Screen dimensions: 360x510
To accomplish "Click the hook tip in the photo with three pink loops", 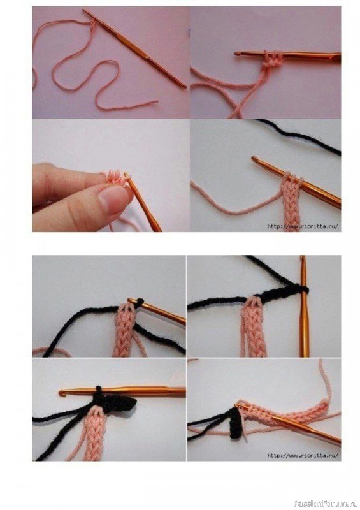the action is click(x=238, y=53).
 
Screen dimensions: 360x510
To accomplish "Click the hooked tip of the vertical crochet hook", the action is click(x=303, y=259).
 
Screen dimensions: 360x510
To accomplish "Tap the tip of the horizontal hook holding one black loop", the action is click(x=61, y=393).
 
